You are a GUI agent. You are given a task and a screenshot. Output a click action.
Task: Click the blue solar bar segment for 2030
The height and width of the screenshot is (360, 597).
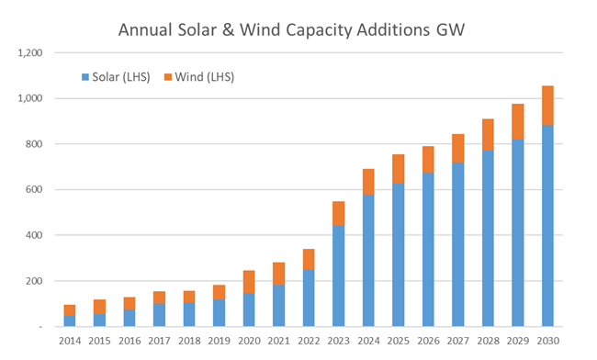[x=548, y=225]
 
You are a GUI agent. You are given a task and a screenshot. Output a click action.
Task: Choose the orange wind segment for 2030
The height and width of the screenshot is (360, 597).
[x=548, y=105]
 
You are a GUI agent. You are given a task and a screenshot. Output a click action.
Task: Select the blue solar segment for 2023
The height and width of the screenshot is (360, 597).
[x=339, y=276]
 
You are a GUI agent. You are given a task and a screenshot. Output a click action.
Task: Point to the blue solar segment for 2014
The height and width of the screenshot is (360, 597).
[x=70, y=321]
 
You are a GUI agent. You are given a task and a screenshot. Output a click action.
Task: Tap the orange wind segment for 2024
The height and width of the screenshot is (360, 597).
[x=368, y=182]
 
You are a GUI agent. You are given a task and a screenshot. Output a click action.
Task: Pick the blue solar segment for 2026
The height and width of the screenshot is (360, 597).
[x=428, y=249]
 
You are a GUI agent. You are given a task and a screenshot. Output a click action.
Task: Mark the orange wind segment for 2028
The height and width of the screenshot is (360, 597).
[x=489, y=135]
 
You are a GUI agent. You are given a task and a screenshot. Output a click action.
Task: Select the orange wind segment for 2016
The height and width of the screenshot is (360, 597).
[x=130, y=303]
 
